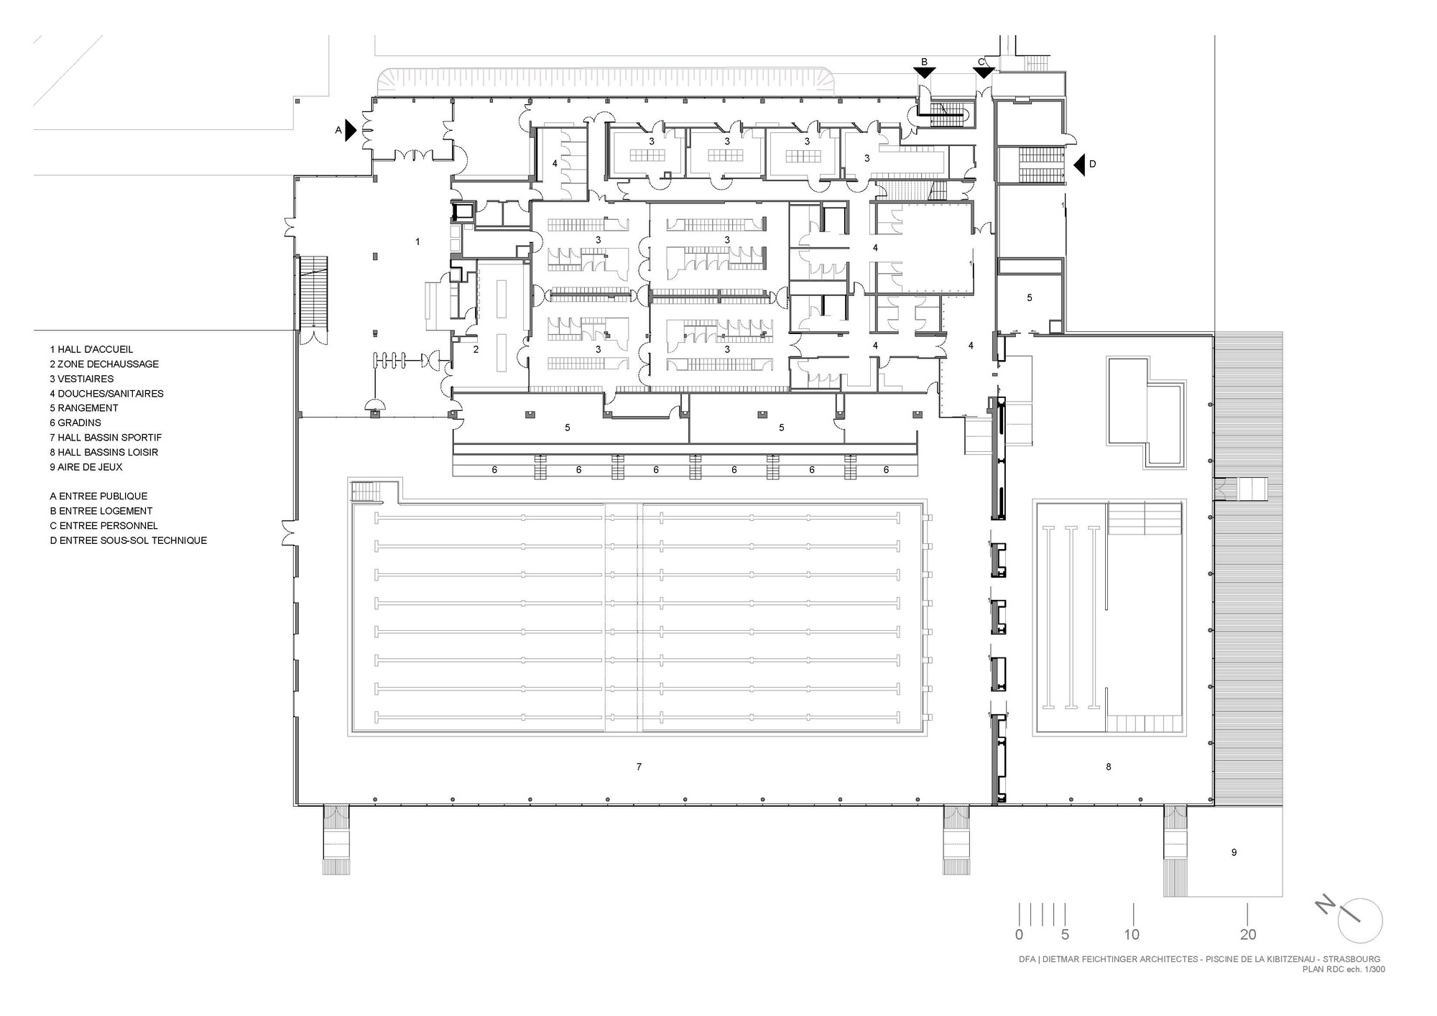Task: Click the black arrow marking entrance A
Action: point(351,130)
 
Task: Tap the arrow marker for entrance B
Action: point(925,73)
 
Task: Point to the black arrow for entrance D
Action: point(1079,165)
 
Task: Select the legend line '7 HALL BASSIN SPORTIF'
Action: point(106,438)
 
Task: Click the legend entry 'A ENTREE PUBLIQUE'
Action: point(98,497)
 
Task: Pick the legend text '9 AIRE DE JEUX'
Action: point(86,467)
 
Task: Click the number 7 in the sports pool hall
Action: point(639,767)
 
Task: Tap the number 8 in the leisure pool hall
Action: point(1108,767)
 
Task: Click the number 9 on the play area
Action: point(1234,853)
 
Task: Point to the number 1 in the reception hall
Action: point(417,242)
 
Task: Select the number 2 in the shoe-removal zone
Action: point(476,350)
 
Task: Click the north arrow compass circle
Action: point(1360,920)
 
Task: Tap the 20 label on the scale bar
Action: point(1248,935)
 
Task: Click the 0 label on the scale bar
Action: point(1019,935)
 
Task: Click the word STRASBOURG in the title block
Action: point(1351,959)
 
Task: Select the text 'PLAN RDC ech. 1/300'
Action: point(1344,969)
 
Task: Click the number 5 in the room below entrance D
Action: point(1029,297)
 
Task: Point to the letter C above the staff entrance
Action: point(981,63)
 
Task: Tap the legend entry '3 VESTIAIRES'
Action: point(82,379)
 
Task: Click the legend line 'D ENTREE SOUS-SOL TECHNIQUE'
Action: point(129,541)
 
